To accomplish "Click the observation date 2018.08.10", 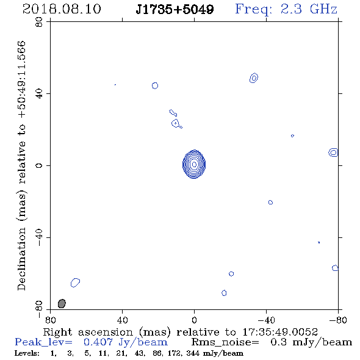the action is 62,9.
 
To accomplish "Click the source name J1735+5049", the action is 175,9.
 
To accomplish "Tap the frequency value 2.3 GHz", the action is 309,9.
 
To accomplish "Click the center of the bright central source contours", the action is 194,164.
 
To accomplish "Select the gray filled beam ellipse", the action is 62,303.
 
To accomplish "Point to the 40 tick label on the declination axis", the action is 39,94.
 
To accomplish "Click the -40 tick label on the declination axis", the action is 39,237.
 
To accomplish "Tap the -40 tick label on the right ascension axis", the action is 266,320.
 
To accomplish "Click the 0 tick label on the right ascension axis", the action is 194,320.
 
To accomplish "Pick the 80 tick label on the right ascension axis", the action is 51,320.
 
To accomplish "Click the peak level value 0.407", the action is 98,342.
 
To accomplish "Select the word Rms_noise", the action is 225,342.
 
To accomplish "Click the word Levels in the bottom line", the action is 27,353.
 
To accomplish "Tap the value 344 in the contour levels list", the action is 193,353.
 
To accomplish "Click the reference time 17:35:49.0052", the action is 280,332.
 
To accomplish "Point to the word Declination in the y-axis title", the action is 21,259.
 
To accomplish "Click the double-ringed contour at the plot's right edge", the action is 333,153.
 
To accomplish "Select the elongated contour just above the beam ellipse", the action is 75,283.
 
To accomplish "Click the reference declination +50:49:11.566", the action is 21,79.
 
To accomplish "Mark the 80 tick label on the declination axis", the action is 39,22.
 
